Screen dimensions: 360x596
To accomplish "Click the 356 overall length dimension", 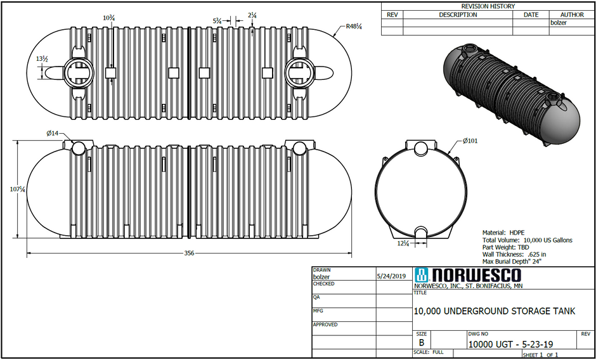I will point(189,253).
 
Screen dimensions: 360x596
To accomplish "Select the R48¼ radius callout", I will point(354,27).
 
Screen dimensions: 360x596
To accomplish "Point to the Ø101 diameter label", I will point(470,141).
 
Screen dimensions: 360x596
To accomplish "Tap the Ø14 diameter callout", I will point(53,133).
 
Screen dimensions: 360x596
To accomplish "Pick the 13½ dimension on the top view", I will point(42,59).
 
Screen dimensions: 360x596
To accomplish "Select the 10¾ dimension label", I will point(108,18).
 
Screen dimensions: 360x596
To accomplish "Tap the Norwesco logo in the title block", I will point(467,275).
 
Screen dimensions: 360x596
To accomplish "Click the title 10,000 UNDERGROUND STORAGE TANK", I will point(494,311).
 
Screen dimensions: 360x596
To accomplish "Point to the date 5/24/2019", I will point(391,276).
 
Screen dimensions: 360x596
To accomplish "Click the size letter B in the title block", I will point(422,343).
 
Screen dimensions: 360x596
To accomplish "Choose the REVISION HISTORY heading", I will point(488,6).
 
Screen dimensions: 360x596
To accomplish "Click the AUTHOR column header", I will point(572,15).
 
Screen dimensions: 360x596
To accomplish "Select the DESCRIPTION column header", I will point(458,15).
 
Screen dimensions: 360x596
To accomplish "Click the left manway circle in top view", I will point(79,72).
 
